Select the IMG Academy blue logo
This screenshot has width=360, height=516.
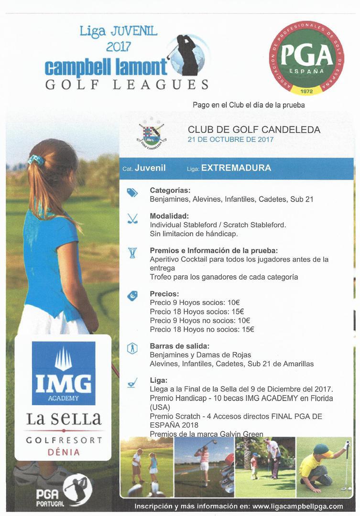(x=63, y=373)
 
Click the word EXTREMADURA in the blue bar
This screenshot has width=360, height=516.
(x=236, y=168)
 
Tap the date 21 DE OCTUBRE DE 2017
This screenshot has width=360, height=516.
(x=230, y=140)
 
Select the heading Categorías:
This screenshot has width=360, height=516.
(x=170, y=190)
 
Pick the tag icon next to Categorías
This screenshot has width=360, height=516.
(x=132, y=193)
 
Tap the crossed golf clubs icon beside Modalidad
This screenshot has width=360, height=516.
(x=132, y=219)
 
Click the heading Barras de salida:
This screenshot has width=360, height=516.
(x=179, y=346)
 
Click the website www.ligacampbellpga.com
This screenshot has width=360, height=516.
(x=297, y=506)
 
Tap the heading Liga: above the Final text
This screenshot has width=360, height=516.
(x=158, y=380)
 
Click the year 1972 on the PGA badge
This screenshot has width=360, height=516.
(x=306, y=90)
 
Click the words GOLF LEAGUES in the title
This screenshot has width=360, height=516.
(x=127, y=85)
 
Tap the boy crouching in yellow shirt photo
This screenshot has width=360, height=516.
(x=324, y=467)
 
